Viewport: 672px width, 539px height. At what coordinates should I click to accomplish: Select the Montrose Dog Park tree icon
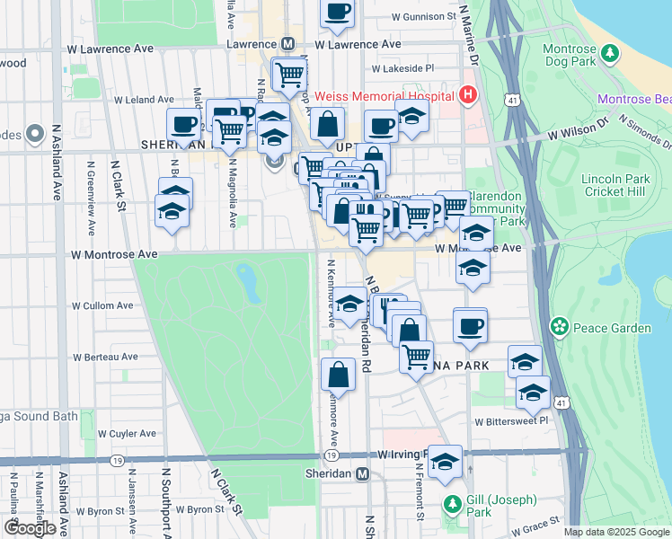tap(610, 53)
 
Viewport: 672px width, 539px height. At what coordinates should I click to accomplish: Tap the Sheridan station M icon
tap(362, 474)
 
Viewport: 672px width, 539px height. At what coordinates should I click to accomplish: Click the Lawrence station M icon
tap(288, 43)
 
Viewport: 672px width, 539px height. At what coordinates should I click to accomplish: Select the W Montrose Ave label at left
tap(115, 254)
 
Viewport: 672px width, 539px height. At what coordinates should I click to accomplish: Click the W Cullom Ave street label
tap(102, 305)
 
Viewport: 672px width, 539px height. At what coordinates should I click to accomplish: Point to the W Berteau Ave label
tap(104, 357)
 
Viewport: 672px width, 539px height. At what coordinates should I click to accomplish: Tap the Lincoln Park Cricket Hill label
tap(615, 184)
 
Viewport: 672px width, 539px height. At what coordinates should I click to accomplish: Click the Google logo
tap(30, 528)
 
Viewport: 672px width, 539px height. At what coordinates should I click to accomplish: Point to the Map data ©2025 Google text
tap(615, 532)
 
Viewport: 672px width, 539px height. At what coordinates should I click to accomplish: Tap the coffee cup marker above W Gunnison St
tap(338, 12)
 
